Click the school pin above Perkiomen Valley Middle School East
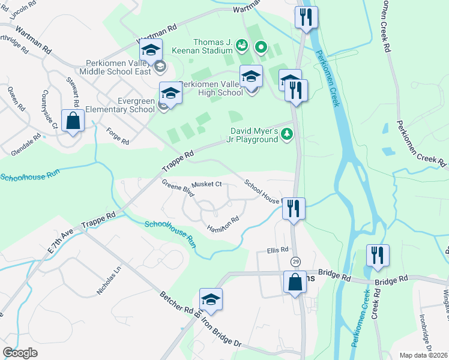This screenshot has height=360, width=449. (151, 50)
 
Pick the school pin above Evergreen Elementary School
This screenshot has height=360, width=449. (170, 94)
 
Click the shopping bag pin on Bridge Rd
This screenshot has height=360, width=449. (295, 282)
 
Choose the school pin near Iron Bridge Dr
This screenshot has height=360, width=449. (211, 299)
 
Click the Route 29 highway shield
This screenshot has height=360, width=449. (295, 262)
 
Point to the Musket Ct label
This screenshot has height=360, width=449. (206, 184)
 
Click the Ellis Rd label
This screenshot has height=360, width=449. (278, 250)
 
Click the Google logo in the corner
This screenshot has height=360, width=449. (20, 353)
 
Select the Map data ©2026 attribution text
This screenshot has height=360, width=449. (423, 355)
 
